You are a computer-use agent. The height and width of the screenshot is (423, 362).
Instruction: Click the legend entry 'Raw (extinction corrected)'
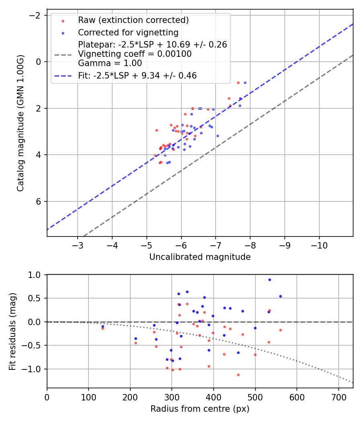(x=133, y=20)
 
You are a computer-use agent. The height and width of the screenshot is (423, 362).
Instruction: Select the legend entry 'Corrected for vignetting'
(x=128, y=32)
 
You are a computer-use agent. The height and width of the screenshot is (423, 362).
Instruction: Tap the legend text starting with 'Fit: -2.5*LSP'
(x=137, y=75)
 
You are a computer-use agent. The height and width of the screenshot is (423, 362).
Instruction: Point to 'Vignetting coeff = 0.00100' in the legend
(x=135, y=54)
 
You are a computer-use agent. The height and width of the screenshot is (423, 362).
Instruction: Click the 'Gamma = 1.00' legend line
(x=110, y=63)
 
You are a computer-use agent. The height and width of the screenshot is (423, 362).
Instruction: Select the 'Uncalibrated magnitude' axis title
(x=200, y=257)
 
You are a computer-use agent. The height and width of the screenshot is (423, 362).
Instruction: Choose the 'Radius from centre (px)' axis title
(x=200, y=409)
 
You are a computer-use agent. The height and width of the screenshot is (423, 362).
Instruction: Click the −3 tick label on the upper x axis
(x=78, y=245)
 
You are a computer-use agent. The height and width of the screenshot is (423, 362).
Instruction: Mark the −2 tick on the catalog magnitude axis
(x=35, y=15)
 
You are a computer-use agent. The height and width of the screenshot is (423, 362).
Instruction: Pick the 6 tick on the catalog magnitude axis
(x=39, y=201)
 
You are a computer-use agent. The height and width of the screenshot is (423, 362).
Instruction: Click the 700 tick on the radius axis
(x=338, y=397)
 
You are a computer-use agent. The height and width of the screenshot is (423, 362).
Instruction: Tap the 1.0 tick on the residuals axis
(x=35, y=275)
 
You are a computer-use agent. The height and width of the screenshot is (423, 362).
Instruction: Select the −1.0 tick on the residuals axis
(x=33, y=369)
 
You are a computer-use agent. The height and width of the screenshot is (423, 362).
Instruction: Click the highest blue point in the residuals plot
(x=269, y=280)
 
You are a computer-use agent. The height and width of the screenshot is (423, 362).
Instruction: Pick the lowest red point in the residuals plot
(x=238, y=375)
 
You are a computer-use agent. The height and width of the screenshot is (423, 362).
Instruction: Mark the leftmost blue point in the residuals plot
(x=103, y=326)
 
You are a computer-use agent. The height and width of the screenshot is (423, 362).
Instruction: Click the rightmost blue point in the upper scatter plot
(x=245, y=83)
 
